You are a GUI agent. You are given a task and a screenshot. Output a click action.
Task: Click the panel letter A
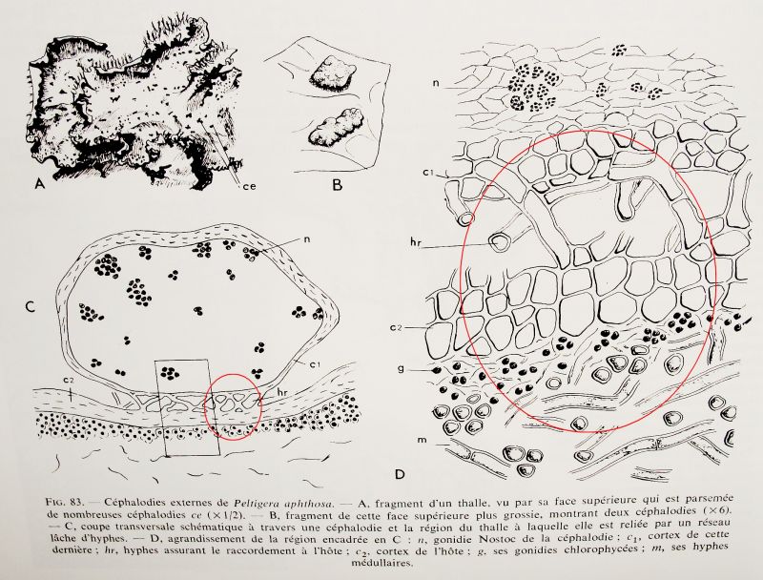pos(40,184)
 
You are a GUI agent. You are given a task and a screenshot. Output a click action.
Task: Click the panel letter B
pos(337,185)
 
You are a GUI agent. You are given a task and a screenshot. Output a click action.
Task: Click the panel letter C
pos(31,307)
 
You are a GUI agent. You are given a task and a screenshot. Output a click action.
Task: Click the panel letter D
pos(400,473)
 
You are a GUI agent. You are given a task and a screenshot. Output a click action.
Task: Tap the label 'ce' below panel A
pos(249,185)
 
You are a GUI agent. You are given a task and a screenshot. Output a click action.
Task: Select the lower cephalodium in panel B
pos(334,128)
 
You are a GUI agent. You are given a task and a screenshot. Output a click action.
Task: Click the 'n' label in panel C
pos(307,239)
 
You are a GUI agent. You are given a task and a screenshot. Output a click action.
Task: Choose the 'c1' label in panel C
pos(311,364)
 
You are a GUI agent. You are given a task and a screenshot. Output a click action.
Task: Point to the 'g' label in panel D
pos(401,368)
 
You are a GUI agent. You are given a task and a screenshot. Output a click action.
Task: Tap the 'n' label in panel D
pos(436,83)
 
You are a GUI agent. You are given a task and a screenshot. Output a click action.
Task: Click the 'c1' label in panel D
pos(428,172)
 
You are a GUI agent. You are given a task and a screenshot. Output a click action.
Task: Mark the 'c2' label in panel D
pos(396,327)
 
